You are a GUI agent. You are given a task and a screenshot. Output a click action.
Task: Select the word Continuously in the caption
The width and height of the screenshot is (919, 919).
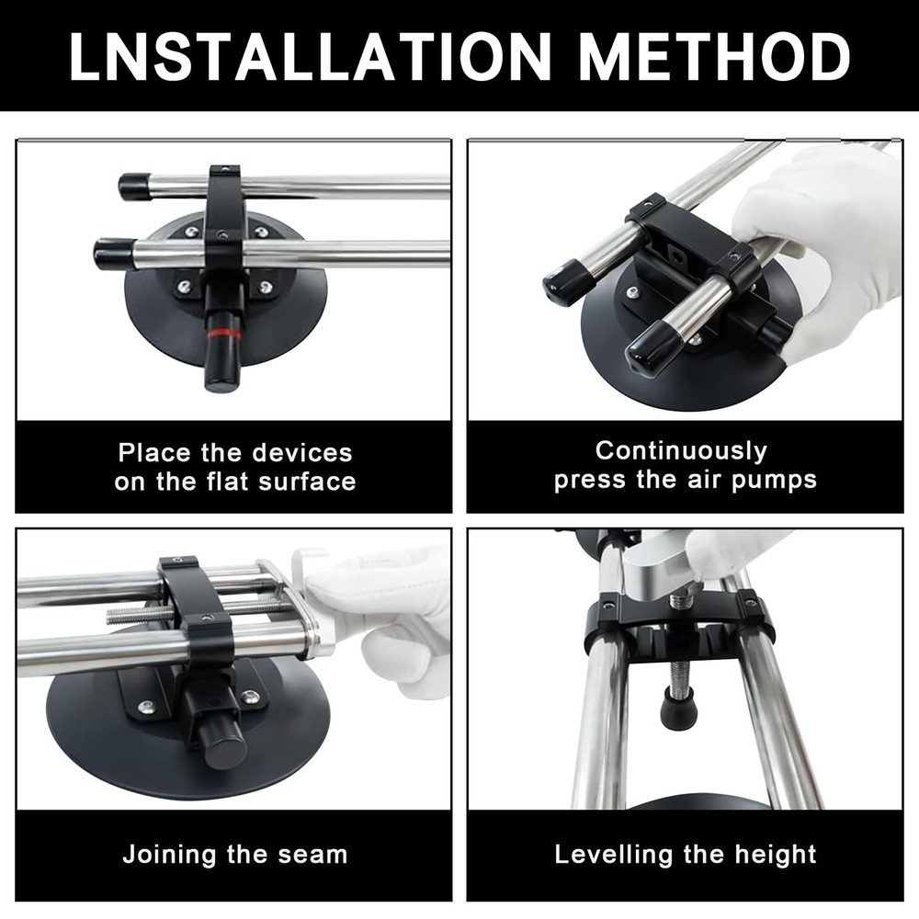pyautogui.click(x=681, y=450)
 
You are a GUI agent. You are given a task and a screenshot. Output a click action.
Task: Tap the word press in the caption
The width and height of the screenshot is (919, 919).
pyautogui.click(x=588, y=480)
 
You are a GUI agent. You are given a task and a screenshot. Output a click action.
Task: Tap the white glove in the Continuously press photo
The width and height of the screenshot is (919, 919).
pyautogui.click(x=827, y=239)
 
